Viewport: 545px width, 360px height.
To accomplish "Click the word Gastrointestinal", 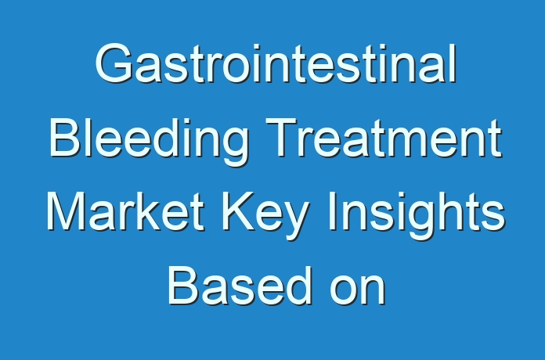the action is pos(276,63).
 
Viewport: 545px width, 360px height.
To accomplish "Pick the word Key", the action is pos(265,215).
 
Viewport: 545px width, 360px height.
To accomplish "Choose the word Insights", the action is pos(417,215).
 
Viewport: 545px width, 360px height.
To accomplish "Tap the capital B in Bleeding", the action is pos(66,138).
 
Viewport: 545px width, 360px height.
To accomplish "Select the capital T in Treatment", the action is pos(282,138).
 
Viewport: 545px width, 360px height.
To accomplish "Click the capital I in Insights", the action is pos(331,211).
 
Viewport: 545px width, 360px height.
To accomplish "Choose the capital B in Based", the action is pos(184,286).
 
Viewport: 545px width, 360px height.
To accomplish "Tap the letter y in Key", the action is pos(298,221).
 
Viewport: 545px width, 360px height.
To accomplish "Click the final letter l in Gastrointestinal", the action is pos(453,63).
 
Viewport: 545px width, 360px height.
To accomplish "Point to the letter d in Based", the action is pos(298,286).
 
